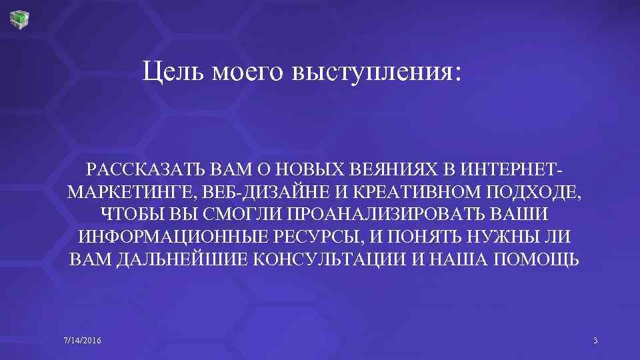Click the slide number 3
point(595,341)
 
